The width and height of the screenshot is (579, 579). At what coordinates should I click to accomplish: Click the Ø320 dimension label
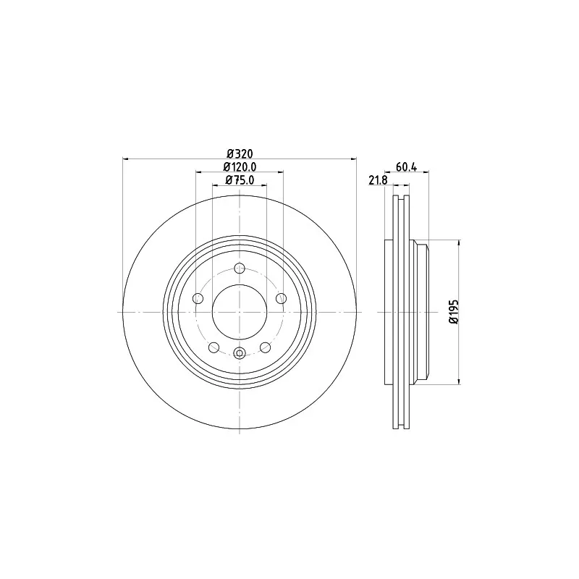pos(240,153)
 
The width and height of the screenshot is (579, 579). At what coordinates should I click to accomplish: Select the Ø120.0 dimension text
pos(240,166)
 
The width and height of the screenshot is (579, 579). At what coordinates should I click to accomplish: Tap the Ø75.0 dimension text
pos(240,179)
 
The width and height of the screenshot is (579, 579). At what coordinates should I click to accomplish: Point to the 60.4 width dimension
pos(406,167)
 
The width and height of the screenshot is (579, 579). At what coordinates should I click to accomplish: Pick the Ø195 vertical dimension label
pos(454,312)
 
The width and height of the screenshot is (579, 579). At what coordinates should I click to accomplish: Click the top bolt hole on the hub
pos(240,268)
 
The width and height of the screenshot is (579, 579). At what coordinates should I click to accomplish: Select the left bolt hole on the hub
pos(198,298)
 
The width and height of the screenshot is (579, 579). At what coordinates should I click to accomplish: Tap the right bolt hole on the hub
pos(282,298)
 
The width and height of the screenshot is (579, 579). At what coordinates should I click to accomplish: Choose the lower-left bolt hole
pos(214,347)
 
